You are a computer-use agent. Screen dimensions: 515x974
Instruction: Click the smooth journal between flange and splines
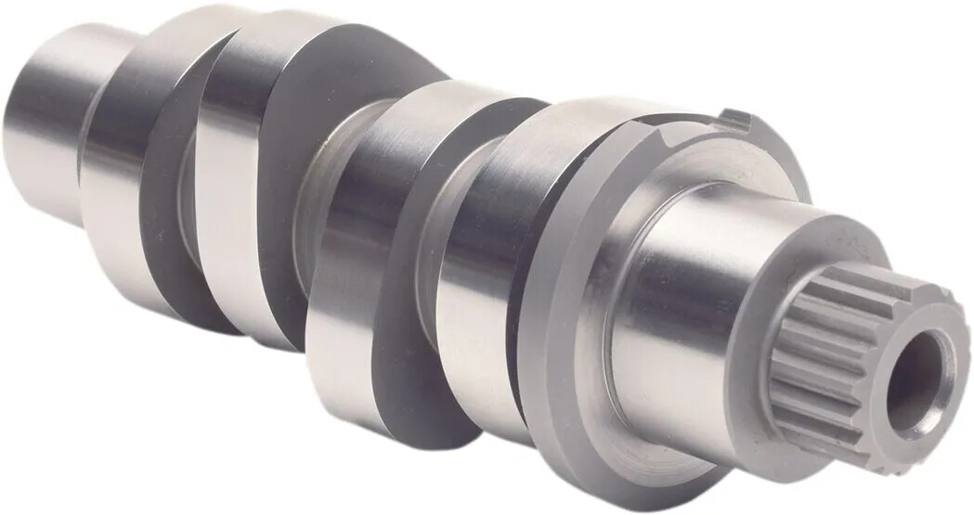click(678, 306)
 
